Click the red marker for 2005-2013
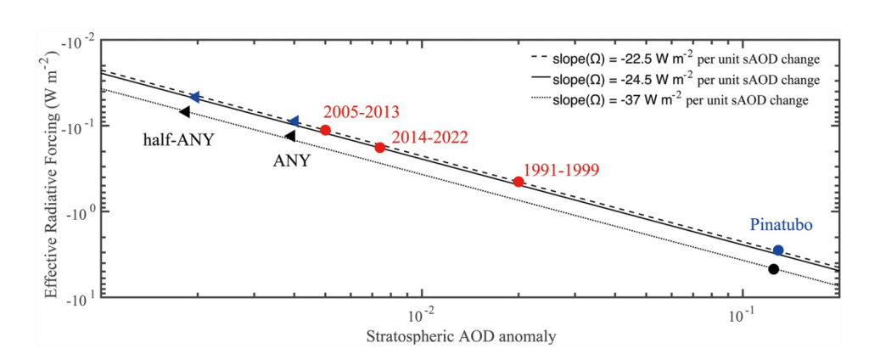325,130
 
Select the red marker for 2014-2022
380,147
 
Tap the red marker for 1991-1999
519,182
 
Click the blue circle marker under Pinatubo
778,250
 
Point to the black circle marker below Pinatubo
773,269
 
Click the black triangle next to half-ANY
185,112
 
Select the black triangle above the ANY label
290,136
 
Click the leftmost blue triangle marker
194,98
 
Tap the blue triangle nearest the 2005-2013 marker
294,122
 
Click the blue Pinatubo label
781,226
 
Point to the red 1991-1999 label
561,169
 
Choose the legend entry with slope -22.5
670,60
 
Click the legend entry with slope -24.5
670,80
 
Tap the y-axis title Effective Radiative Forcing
52,182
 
